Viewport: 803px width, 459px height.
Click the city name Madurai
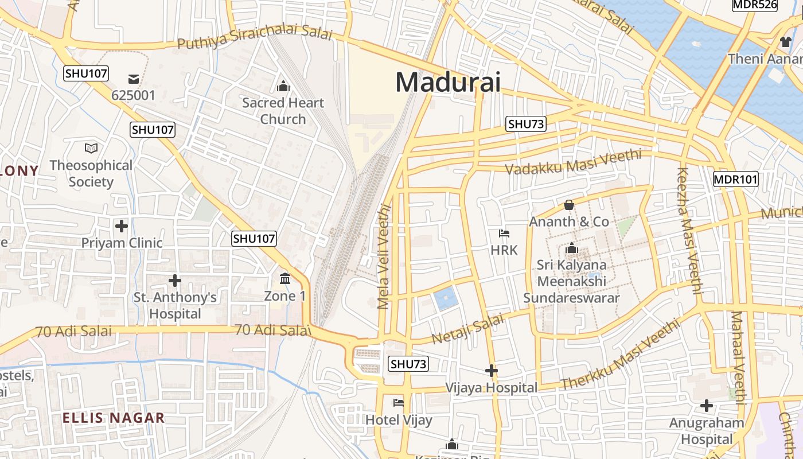coord(447,83)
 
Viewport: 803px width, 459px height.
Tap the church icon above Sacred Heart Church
coord(283,87)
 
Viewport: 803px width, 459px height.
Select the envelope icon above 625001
coord(134,79)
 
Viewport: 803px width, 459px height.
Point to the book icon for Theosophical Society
coord(91,148)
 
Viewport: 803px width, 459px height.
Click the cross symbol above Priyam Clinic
coord(122,225)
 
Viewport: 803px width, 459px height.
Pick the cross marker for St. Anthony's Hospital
coord(175,281)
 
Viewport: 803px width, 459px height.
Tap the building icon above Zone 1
coord(284,279)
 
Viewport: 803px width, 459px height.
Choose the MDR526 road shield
coord(755,5)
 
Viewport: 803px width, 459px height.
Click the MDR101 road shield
coord(736,179)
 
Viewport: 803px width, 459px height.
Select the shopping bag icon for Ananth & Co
coord(569,204)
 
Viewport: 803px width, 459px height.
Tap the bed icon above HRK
coord(504,233)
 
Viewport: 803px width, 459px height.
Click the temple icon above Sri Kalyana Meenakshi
coord(571,248)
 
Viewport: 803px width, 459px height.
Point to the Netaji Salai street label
coord(468,328)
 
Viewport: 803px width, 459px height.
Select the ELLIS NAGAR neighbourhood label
coord(113,418)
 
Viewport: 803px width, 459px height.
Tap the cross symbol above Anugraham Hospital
coord(707,406)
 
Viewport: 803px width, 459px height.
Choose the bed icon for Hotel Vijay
coord(399,403)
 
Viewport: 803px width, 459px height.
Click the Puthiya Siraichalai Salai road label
coord(255,38)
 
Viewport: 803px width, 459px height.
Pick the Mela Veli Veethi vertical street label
coord(384,258)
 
